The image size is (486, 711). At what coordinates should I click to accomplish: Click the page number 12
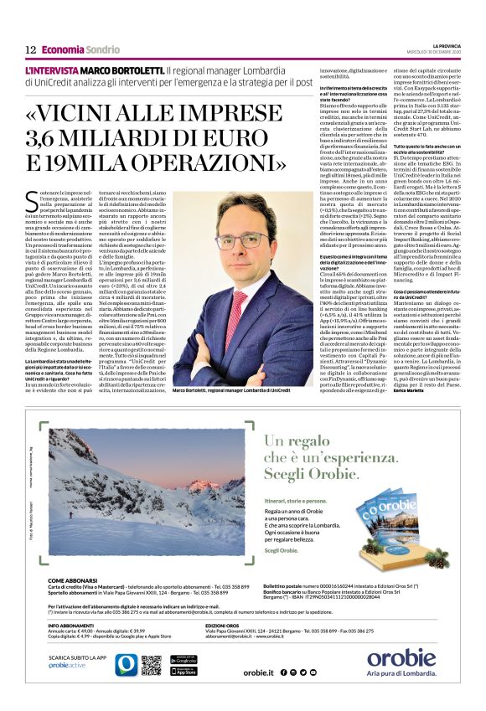29,49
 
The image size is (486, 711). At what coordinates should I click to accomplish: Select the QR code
151,664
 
